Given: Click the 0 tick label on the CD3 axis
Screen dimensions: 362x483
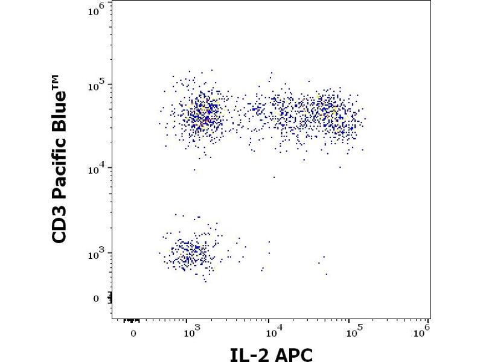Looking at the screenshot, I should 96,298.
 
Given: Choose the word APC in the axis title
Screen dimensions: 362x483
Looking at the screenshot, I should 295,354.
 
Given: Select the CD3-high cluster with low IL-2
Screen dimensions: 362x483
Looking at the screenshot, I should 202,115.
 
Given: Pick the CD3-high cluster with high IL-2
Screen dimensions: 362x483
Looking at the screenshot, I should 314,115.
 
